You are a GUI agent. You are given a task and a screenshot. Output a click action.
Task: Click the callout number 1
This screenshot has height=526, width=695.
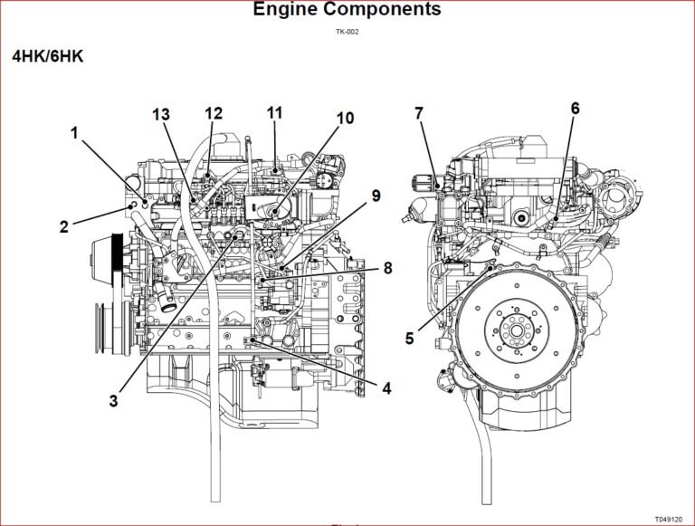tap(75, 133)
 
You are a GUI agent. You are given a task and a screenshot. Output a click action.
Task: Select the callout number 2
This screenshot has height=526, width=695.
tap(64, 226)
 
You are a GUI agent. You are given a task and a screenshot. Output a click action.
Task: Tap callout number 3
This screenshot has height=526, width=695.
tap(114, 400)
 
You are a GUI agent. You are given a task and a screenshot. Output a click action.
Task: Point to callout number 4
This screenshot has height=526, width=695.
tap(386, 388)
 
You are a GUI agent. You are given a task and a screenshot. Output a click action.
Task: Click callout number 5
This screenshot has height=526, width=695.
tap(409, 339)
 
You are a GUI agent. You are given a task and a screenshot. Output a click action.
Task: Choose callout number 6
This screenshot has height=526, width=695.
tap(575, 109)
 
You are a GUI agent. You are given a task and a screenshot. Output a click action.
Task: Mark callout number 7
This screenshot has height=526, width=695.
tap(419, 113)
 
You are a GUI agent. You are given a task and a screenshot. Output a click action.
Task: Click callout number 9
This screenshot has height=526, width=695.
tap(376, 196)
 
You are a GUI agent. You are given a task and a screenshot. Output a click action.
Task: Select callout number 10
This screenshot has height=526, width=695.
tap(345, 119)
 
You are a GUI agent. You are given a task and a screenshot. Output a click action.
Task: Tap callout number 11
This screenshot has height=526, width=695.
tap(274, 113)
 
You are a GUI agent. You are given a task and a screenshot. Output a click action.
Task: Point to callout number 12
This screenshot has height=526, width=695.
tap(214, 113)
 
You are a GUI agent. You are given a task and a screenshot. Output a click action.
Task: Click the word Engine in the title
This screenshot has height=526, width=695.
tap(287, 10)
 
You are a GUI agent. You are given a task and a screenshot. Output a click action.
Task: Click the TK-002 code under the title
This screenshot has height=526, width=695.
tap(347, 33)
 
